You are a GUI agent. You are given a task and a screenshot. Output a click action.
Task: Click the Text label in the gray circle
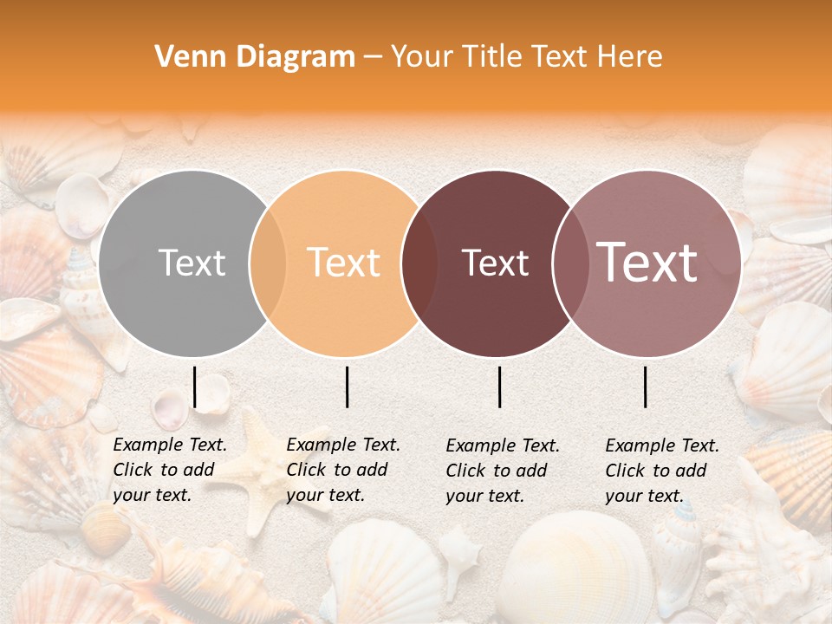point(192,263)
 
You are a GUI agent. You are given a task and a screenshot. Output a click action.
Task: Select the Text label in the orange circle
point(344,263)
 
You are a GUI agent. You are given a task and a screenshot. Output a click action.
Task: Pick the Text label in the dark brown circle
point(496,263)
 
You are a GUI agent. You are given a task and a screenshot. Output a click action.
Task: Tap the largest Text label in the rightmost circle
point(647,263)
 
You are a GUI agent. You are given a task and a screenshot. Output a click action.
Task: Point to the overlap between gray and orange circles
point(268,263)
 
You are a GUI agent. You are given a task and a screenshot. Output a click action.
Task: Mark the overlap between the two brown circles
point(569,263)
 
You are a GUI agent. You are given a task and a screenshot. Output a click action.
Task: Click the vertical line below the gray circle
point(195,387)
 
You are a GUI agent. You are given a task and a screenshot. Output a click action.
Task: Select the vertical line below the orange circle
point(347,387)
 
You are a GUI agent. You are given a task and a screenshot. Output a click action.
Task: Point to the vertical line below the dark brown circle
point(500,387)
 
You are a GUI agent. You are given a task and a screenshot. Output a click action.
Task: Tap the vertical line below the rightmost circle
point(646,387)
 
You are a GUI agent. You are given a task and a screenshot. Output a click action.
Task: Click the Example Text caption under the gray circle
point(169,470)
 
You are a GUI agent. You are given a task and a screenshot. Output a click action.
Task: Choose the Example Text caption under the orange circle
point(342,470)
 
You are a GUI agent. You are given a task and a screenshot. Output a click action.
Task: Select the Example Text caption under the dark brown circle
point(502,471)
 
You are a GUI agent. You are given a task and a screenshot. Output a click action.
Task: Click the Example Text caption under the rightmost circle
point(661,471)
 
